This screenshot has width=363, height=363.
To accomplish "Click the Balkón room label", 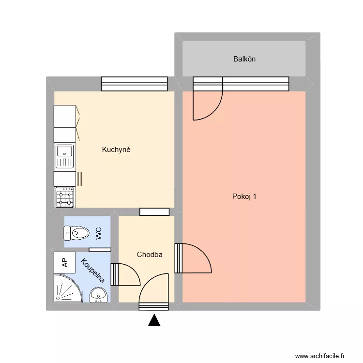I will (x=244, y=59).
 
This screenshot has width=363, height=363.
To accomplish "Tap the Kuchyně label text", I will (x=116, y=150).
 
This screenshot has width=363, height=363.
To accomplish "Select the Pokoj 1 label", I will (x=244, y=197).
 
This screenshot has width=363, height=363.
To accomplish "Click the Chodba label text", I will (x=150, y=255).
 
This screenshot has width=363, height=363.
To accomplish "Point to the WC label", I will (x=98, y=234).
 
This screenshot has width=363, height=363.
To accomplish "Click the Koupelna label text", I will (x=93, y=270).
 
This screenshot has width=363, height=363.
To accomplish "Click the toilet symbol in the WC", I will (x=77, y=234).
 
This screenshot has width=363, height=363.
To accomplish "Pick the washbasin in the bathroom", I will (x=99, y=294).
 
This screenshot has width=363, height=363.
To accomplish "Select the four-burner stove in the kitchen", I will (x=65, y=197).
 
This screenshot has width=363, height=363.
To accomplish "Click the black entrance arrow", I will (x=154, y=320).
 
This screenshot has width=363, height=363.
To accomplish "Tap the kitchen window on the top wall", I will (x=134, y=84).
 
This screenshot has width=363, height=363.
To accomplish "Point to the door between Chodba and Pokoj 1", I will (x=194, y=258).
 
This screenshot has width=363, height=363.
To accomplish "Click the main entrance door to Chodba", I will (x=154, y=293).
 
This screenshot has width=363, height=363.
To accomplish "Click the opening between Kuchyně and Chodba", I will (x=154, y=212).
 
